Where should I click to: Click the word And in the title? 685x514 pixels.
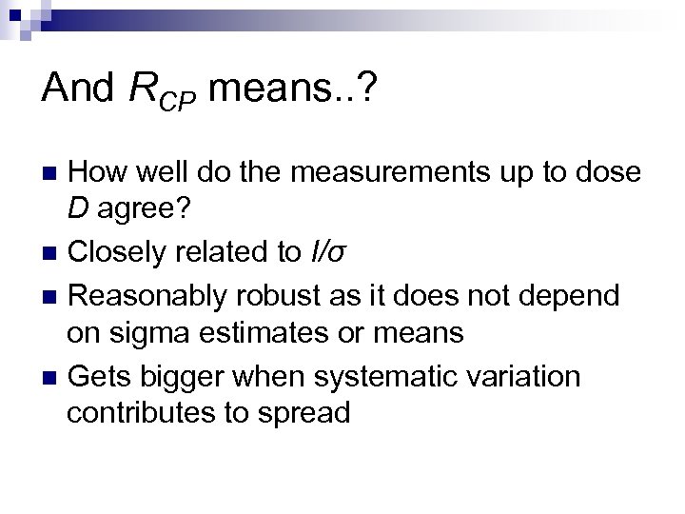78,89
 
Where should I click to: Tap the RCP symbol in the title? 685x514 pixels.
161,92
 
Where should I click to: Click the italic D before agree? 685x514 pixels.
77,212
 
